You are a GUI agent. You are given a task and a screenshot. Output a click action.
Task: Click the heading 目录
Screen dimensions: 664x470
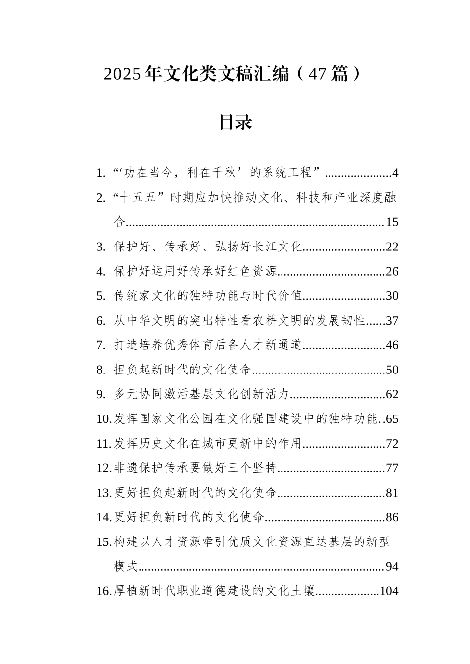click(235, 122)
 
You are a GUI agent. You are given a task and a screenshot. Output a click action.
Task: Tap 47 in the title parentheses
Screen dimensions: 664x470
click(317, 74)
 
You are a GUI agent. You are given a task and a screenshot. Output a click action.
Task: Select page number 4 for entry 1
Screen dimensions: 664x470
click(395, 173)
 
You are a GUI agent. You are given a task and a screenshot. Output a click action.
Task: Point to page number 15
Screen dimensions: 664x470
click(392, 222)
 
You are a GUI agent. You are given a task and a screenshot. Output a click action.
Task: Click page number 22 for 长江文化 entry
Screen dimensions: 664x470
click(392, 247)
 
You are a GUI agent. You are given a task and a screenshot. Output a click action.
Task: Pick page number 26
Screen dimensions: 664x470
click(392, 272)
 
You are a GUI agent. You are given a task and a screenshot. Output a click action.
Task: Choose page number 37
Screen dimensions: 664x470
click(392, 321)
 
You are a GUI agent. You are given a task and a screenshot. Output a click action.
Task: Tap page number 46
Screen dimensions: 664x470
click(392, 345)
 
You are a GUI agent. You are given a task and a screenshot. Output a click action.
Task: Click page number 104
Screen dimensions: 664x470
click(389, 591)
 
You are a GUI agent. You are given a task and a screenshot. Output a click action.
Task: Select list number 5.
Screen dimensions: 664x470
click(101, 296)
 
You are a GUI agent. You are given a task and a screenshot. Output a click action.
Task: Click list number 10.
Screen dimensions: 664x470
click(104, 419)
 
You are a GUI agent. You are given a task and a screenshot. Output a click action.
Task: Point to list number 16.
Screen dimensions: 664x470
click(104, 591)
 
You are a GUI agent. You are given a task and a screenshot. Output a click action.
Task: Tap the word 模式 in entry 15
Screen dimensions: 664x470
click(126, 566)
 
